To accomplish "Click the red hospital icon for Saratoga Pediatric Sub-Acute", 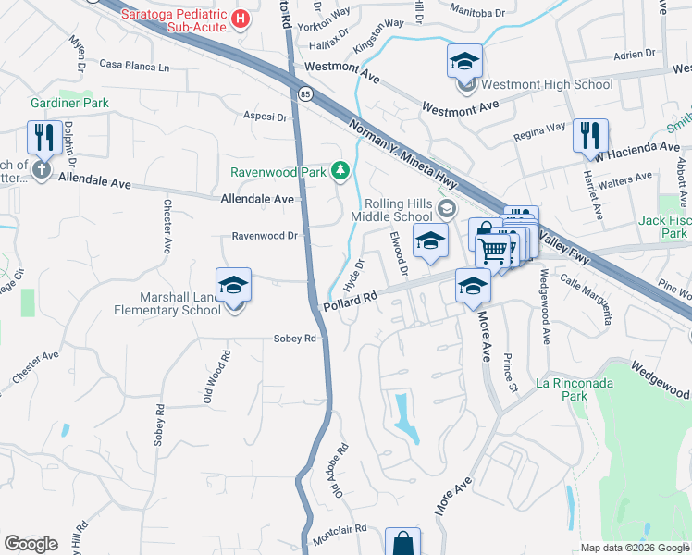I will point(241,18).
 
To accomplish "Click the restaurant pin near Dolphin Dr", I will point(44,137).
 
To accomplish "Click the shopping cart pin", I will point(494,248).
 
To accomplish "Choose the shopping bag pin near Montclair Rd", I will point(402,544).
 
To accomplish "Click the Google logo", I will point(31,544).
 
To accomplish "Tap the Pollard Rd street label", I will point(350,302).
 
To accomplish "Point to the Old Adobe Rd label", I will point(340,470).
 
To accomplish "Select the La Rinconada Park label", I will point(574,389).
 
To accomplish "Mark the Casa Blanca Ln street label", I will point(135,66).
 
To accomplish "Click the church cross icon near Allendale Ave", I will point(41,169).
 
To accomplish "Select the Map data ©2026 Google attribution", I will point(635,548).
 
